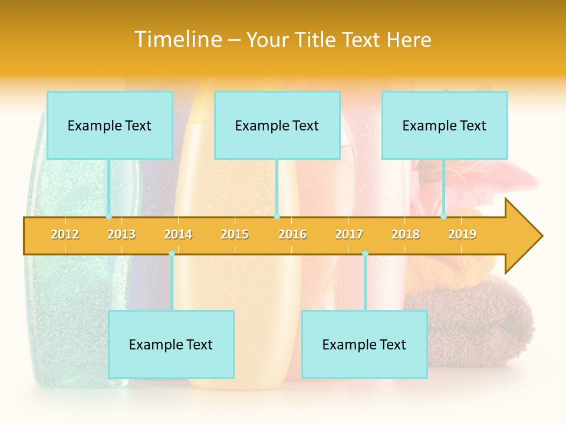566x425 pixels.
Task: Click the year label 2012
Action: pyautogui.click(x=65, y=234)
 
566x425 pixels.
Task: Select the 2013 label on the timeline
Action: pyautogui.click(x=121, y=234)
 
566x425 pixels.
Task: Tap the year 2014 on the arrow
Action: pyautogui.click(x=178, y=234)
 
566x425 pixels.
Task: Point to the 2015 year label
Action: pyautogui.click(x=235, y=234)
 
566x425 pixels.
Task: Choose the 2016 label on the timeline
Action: pyautogui.click(x=292, y=234)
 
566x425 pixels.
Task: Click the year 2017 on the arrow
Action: pyautogui.click(x=349, y=234)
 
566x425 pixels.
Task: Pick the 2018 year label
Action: pyautogui.click(x=406, y=234)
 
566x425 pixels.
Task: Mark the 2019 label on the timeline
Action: pyautogui.click(x=462, y=234)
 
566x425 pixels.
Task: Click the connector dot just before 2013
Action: pyautogui.click(x=108, y=217)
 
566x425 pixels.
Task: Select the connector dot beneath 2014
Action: pyautogui.click(x=172, y=254)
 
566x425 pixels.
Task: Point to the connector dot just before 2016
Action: pyautogui.click(x=277, y=217)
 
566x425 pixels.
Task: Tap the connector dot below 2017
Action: pyautogui.click(x=365, y=254)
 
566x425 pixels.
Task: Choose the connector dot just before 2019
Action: pyautogui.click(x=443, y=217)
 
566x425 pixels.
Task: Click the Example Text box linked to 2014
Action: pyautogui.click(x=171, y=344)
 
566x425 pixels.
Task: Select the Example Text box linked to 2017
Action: pyautogui.click(x=364, y=344)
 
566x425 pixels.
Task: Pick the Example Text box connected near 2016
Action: pyautogui.click(x=277, y=125)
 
